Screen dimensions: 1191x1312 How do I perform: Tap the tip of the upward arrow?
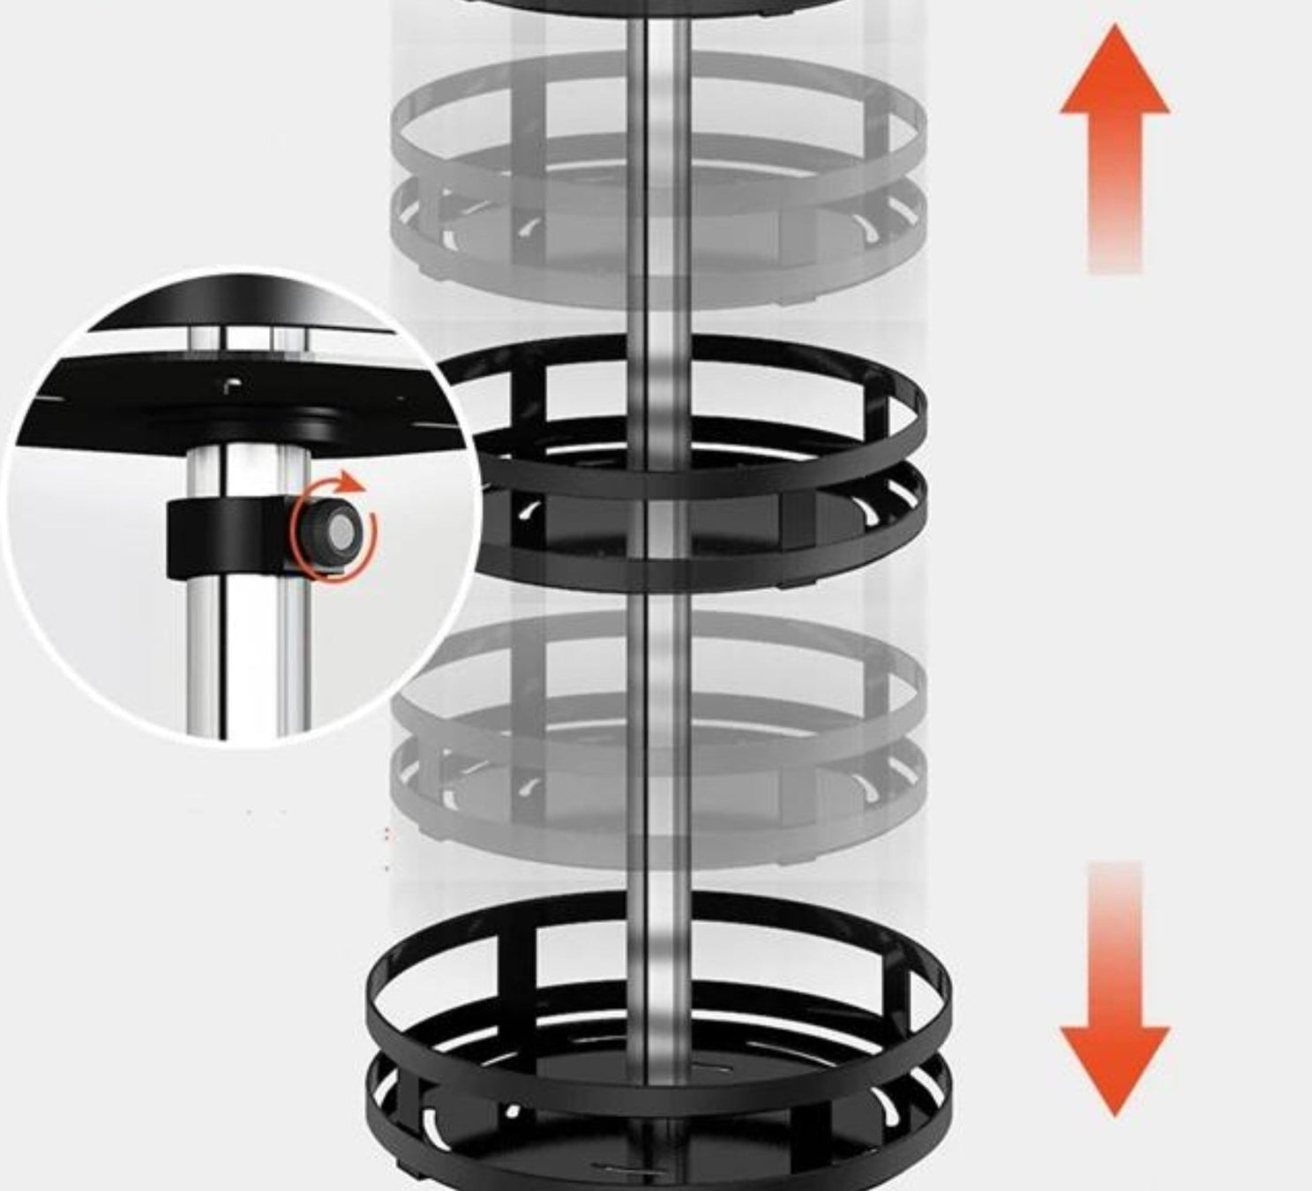[1114, 28]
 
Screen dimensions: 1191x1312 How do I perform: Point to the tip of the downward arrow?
[1114, 1113]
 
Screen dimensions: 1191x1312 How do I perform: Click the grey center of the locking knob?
[340, 530]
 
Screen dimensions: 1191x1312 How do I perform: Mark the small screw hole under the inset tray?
[231, 384]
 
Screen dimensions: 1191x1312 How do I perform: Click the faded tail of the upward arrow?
[1114, 238]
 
